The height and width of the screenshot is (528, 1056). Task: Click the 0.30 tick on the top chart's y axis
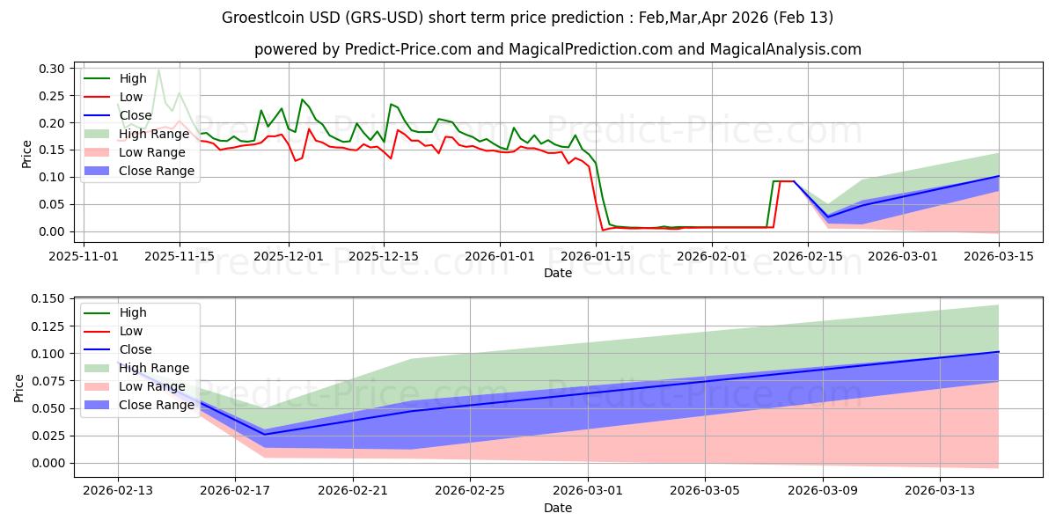click(x=53, y=69)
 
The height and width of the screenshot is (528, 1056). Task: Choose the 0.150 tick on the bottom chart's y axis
click(x=46, y=299)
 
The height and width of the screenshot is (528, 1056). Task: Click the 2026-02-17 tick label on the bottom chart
click(x=235, y=490)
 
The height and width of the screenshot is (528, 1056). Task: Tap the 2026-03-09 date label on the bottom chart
click(x=823, y=490)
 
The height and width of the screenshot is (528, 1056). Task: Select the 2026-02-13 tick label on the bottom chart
click(x=118, y=490)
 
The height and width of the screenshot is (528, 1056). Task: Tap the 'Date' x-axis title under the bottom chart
click(x=558, y=508)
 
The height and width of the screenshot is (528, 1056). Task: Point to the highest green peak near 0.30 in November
click(x=158, y=70)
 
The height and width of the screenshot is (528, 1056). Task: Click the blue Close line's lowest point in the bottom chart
click(x=265, y=434)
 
